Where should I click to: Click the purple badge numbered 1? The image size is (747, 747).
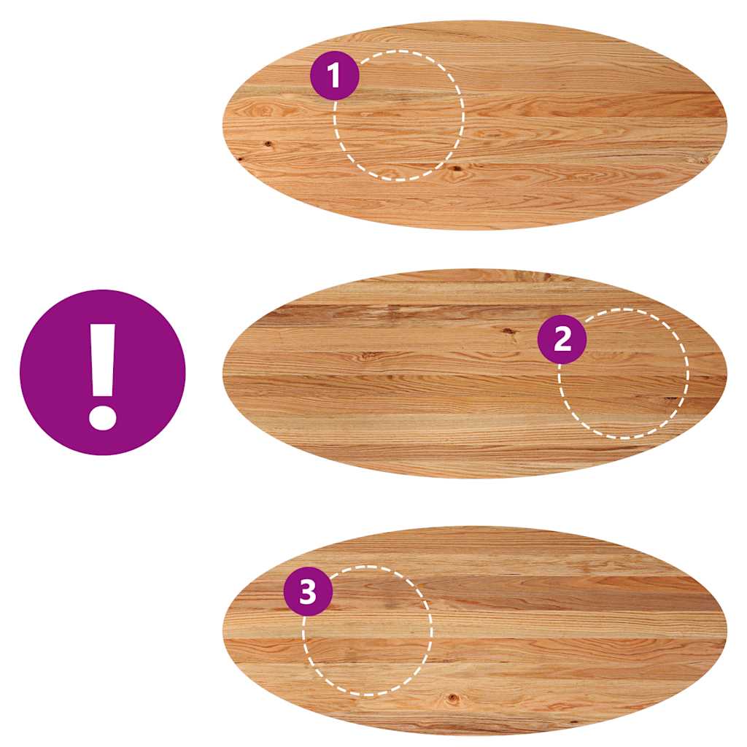pos(334,75)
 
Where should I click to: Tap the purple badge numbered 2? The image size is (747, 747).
pos(562,339)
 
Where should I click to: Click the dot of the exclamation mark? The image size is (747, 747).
pos(102,418)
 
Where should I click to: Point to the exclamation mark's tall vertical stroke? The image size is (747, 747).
pos(103,360)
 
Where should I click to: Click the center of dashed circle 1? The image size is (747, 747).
pos(399,115)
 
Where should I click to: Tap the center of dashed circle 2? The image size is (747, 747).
pos(624,373)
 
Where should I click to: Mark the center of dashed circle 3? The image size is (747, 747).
pos(368,631)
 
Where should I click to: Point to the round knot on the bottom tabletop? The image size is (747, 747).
pos(452,699)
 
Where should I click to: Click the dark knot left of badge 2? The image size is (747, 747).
pos(508,330)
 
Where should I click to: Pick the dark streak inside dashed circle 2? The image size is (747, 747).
pos(671,398)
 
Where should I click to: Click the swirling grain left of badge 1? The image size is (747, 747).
pos(265,111)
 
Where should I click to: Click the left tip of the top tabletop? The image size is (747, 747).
pos(222,124)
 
